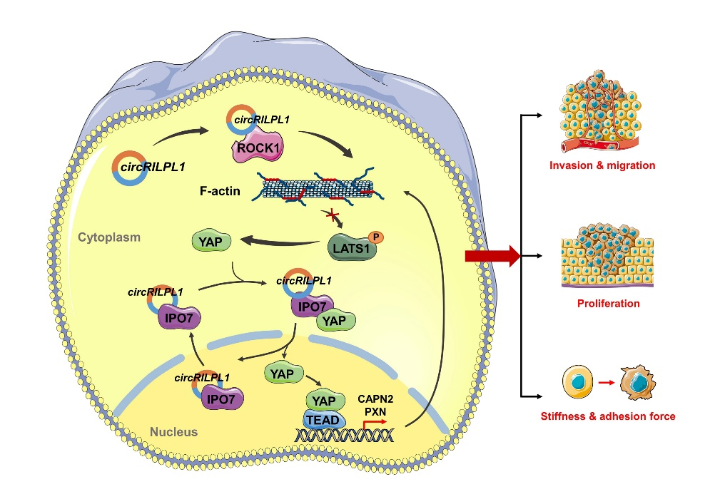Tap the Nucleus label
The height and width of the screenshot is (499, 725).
tap(175, 432)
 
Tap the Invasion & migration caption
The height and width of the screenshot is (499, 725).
tap(602, 166)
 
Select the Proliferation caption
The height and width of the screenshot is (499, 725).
tap(608, 303)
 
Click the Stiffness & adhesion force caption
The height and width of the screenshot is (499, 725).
tap(609, 416)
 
